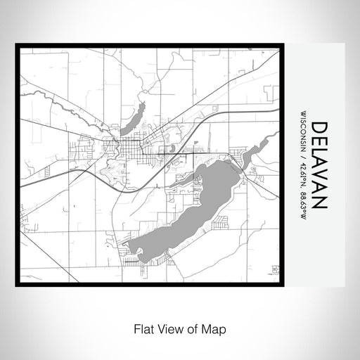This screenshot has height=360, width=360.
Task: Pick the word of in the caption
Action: tap(193, 328)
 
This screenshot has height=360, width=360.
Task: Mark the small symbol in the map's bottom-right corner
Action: tap(276, 269)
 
